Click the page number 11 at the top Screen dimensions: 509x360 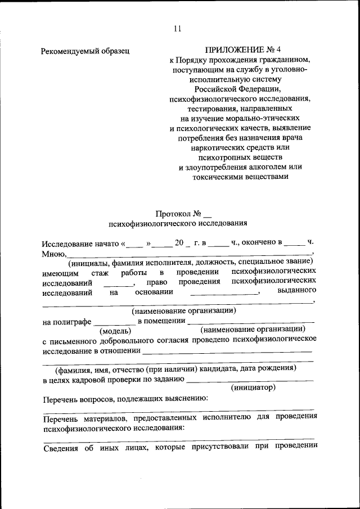(x=178, y=30)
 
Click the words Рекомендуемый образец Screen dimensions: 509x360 (x=85, y=51)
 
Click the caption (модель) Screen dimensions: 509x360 (x=115, y=331)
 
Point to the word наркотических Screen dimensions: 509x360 (x=215, y=147)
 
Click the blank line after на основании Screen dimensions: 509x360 (x=224, y=292)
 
